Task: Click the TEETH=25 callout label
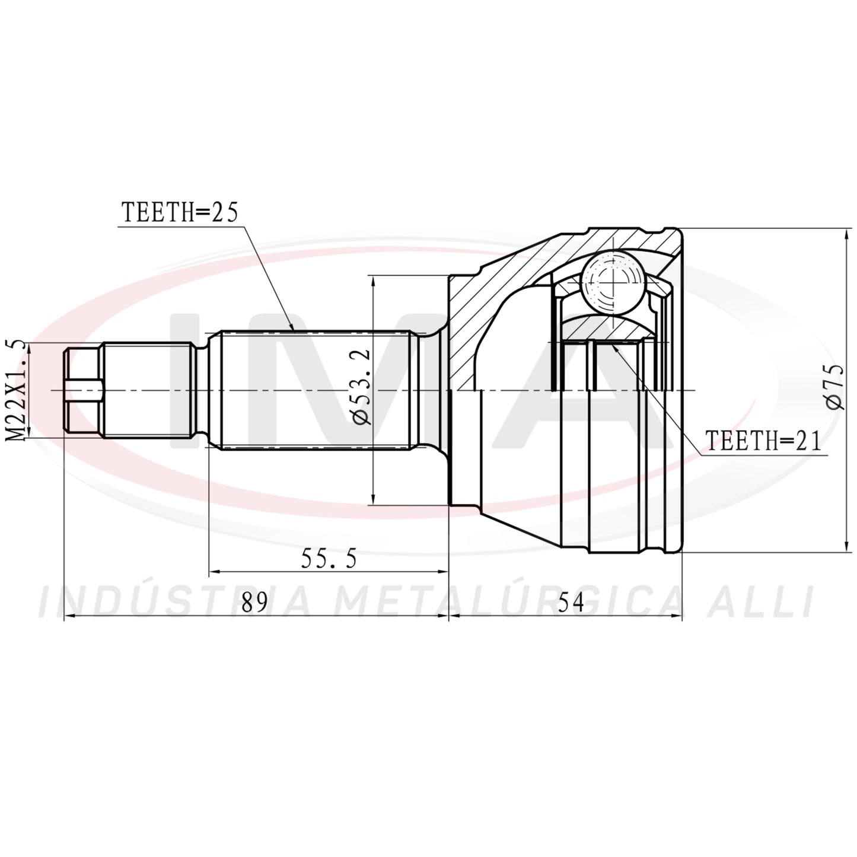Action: click(x=180, y=212)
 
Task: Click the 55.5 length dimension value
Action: click(x=329, y=559)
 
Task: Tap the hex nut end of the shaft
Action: click(x=84, y=390)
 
